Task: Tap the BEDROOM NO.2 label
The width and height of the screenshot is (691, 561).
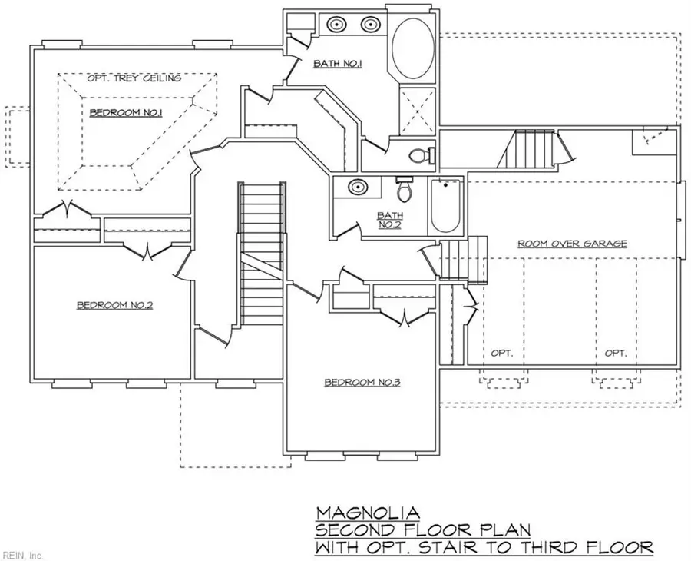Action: point(115,305)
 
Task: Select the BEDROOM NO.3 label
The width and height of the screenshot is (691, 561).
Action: point(362,382)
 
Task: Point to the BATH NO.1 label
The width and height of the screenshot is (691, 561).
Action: point(338,64)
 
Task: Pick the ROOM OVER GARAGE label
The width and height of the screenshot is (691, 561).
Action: point(572,244)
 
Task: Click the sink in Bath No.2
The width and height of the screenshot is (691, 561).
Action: point(355,187)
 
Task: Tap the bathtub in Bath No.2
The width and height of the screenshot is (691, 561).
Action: point(445,205)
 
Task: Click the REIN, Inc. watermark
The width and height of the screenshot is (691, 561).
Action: point(23,553)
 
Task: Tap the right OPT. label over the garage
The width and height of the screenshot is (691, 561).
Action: point(615,354)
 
